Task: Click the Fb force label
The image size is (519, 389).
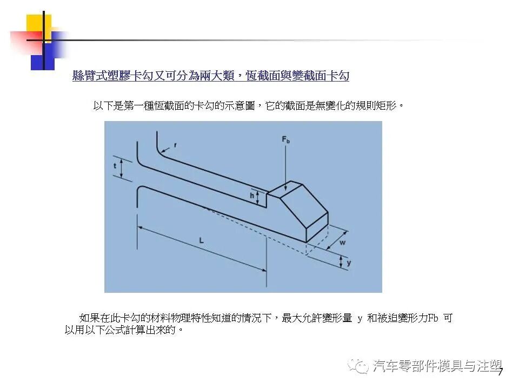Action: (x=286, y=140)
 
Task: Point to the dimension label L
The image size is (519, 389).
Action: (x=201, y=240)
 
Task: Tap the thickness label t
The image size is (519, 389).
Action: (x=115, y=166)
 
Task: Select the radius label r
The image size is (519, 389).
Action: (x=175, y=145)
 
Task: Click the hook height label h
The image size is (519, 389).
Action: (x=252, y=196)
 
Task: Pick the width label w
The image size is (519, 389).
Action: (x=343, y=243)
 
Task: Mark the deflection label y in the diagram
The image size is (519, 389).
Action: (x=349, y=263)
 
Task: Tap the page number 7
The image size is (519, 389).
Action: (x=500, y=372)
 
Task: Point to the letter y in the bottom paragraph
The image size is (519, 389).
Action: (x=360, y=319)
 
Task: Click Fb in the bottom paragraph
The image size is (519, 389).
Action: (x=433, y=319)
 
